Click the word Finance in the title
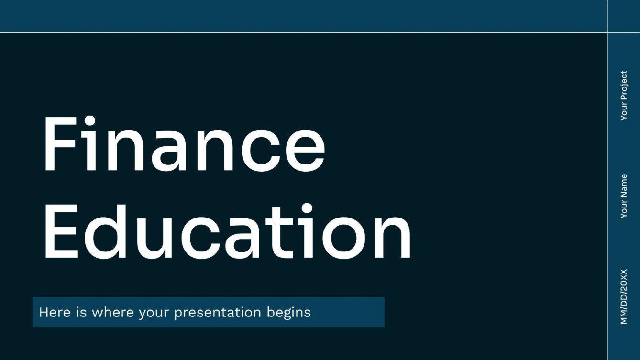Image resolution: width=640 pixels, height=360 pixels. coord(184,145)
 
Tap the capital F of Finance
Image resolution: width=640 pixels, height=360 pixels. coord(60,145)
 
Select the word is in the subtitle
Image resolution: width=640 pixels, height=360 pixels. coord(81,313)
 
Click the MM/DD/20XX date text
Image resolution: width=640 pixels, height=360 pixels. coord(624,296)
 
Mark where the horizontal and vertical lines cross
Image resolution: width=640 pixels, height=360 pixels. coord(607,32)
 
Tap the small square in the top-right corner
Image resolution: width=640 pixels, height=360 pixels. coord(624,16)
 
